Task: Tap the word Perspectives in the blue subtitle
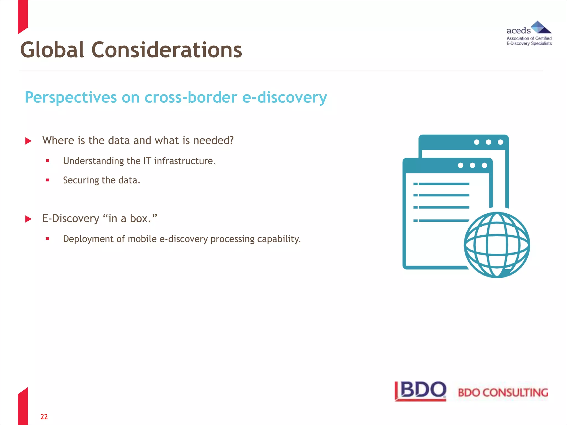[71, 97]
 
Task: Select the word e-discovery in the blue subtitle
[284, 97]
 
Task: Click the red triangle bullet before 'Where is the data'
[28, 141]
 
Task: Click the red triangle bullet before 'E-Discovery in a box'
[28, 219]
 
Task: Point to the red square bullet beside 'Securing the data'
[48, 180]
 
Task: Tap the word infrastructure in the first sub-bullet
[185, 161]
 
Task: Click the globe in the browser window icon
[497, 245]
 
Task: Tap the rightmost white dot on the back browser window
[501, 142]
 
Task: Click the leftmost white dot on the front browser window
[460, 165]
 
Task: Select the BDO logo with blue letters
[421, 391]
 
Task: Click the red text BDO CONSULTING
[503, 393]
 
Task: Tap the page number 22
[44, 417]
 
